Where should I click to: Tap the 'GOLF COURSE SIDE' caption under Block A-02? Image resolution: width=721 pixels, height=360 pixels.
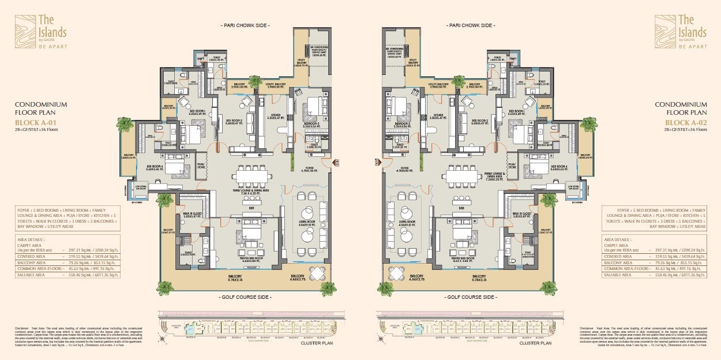pos(472,297)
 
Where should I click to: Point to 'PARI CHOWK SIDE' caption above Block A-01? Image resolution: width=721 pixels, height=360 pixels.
pos(245,26)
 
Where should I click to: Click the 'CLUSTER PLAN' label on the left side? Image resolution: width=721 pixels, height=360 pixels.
pos(316,343)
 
